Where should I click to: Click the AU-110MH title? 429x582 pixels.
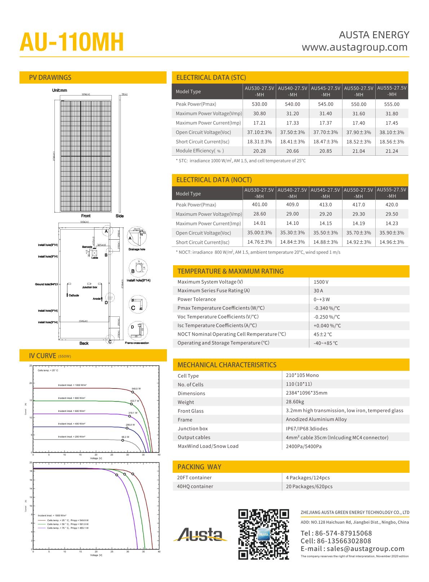coord(72,43)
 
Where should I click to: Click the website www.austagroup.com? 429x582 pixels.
coord(354,47)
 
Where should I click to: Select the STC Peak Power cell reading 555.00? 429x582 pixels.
coord(392,104)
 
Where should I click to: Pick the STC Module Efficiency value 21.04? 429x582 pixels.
coord(358,151)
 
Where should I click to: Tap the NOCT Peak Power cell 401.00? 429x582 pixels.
coord(260,205)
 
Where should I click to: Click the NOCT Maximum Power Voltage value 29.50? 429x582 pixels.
coord(392,214)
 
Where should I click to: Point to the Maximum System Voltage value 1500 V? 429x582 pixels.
coord(321,282)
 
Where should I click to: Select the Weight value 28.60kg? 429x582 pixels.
coord(295,402)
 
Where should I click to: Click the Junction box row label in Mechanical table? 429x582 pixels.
coord(193,428)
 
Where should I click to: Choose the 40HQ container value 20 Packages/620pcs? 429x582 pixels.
coord(309,487)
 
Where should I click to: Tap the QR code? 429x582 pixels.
coord(264,534)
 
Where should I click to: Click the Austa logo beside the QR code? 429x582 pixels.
coord(200,534)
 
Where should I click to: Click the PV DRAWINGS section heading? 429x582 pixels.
coord(50,77)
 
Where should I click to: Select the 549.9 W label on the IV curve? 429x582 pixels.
coord(136,388)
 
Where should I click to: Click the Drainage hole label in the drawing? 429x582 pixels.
coord(137,249)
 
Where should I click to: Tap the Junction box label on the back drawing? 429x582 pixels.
coord(89,287)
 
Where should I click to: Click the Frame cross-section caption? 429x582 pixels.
coord(137,343)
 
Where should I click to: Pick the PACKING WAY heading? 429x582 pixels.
coord(199,467)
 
